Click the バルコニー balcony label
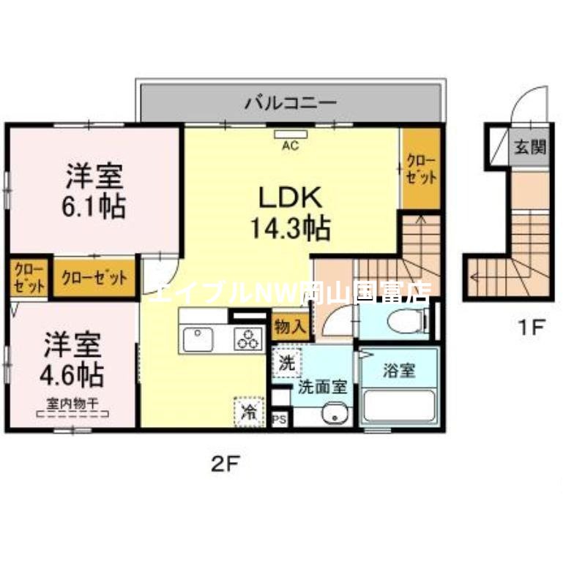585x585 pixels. point(290,102)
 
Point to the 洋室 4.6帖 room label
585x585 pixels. point(71,359)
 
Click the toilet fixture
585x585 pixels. point(407,320)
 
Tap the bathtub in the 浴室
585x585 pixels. point(399,405)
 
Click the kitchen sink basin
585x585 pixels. point(198,339)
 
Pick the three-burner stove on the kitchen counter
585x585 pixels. point(248,339)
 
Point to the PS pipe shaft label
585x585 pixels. point(279,419)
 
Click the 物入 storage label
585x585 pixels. point(289,326)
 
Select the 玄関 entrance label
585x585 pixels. point(529,146)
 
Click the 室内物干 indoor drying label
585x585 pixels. point(72,402)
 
